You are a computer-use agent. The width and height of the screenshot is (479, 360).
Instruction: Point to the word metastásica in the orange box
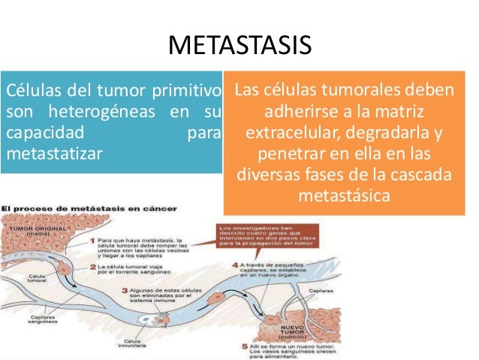tap(345, 198)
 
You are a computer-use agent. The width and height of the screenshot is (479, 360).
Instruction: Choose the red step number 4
tap(235, 264)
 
